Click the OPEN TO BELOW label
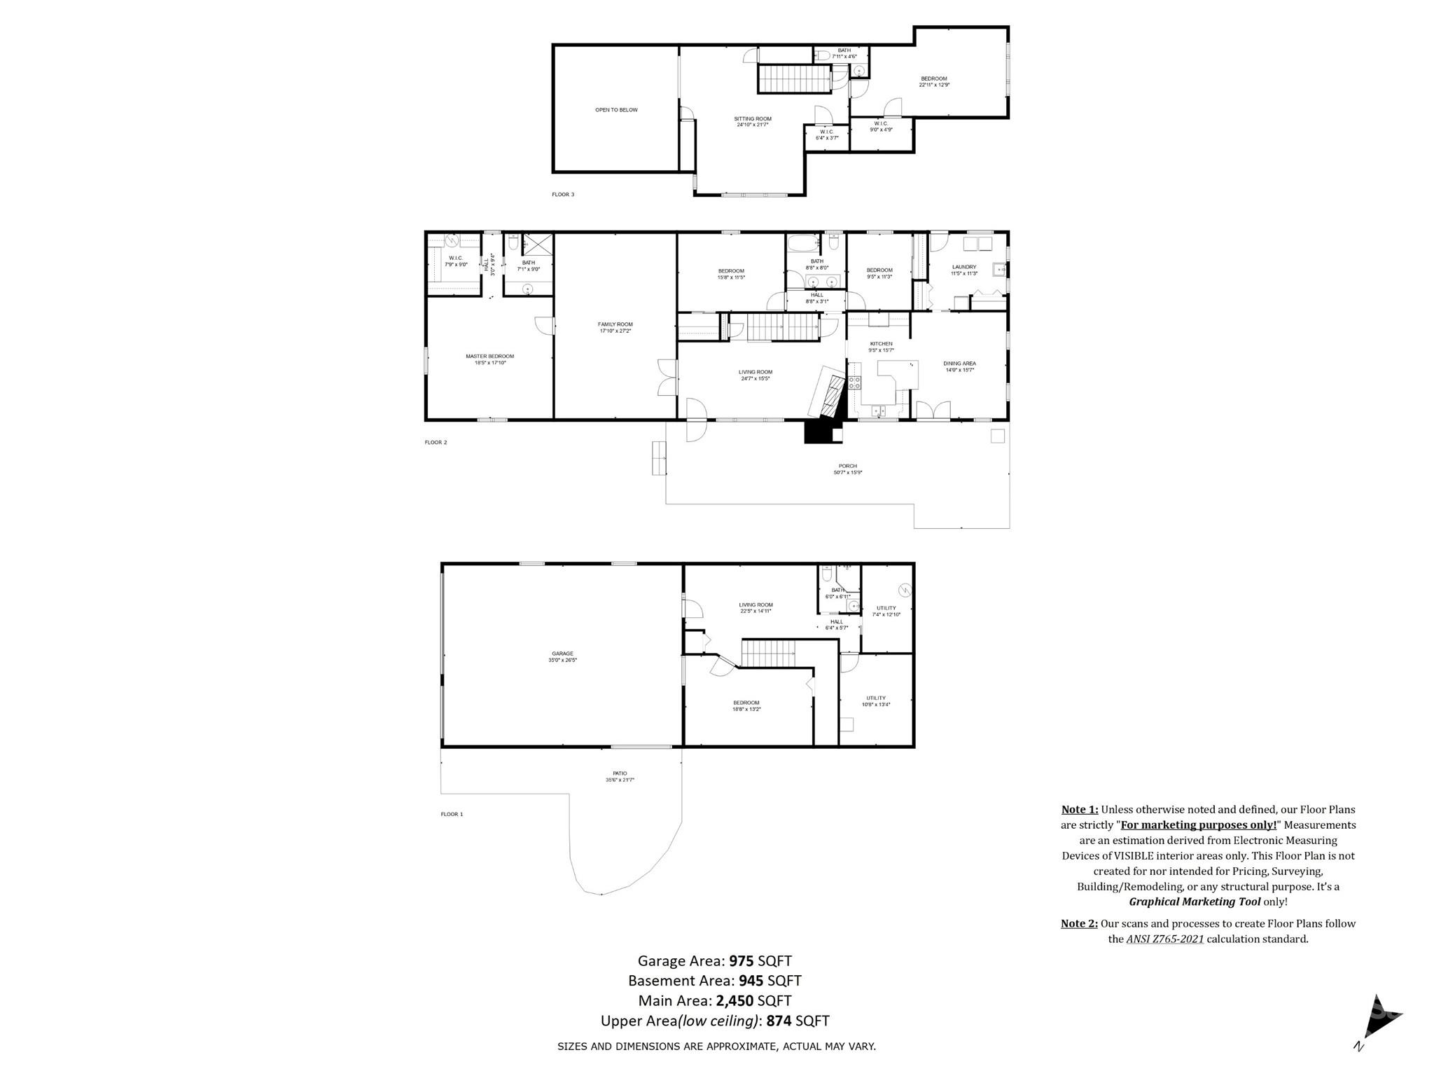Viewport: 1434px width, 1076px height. [616, 110]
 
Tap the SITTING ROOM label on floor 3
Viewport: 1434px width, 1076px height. [752, 119]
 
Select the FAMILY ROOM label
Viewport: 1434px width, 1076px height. [615, 324]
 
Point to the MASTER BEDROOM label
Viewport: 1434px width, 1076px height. [489, 357]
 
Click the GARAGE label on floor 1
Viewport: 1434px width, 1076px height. [562, 654]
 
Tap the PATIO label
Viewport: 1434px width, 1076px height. [620, 773]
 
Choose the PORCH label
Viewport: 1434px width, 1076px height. [847, 466]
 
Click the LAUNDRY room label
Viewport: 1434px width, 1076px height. [963, 267]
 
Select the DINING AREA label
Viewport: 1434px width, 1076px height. [959, 364]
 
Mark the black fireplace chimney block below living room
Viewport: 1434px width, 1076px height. [822, 432]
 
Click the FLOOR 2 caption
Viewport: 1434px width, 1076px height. [436, 443]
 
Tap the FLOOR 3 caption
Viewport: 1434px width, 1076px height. [563, 195]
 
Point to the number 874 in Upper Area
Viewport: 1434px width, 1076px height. [779, 1021]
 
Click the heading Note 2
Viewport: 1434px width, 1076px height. [1079, 923]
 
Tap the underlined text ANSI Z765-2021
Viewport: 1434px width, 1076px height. [1164, 939]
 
